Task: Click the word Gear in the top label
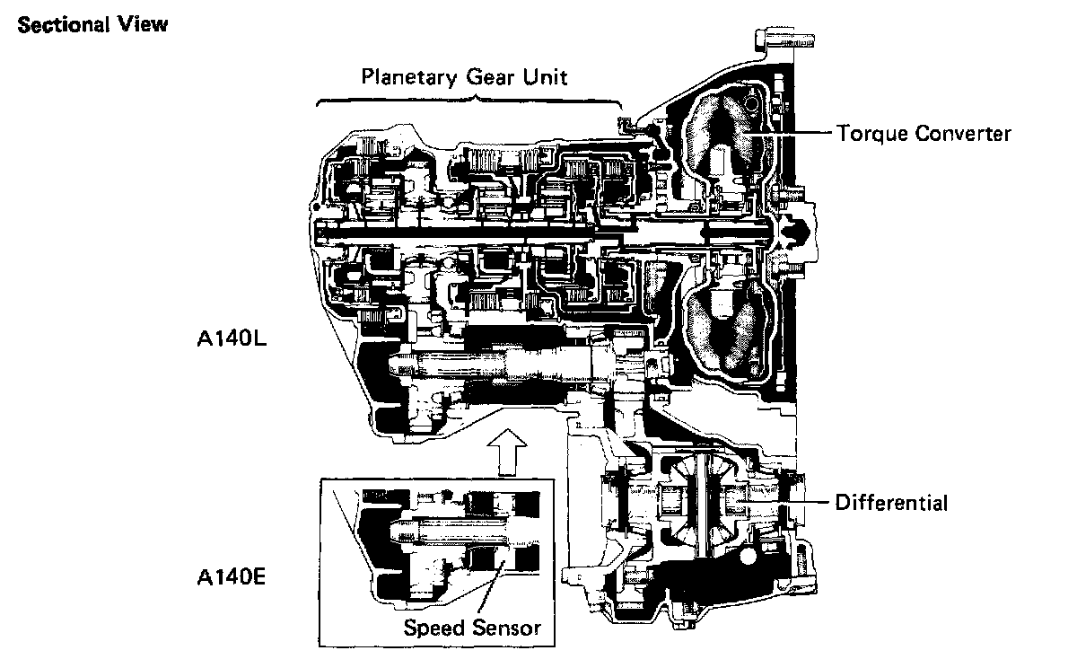489,75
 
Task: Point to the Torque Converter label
924,135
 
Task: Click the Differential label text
891,502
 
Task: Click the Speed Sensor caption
473,627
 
